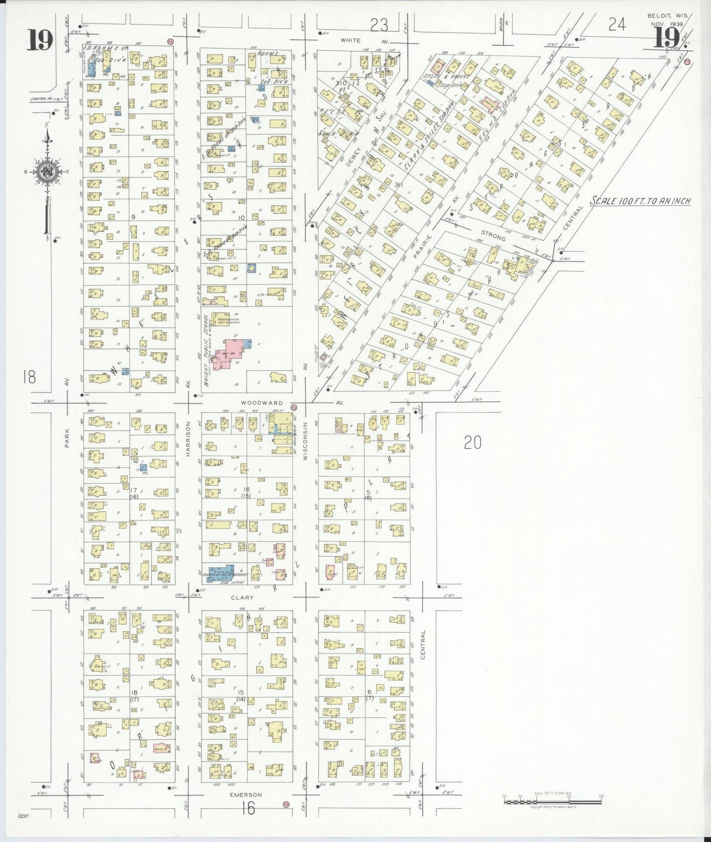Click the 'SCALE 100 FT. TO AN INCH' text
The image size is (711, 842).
coord(641,201)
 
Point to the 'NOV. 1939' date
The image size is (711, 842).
coord(667,24)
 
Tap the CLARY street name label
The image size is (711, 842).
coord(242,597)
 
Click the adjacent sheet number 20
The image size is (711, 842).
coord(472,443)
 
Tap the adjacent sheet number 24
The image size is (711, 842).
coord(617,25)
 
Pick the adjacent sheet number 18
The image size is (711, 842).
coord(29,378)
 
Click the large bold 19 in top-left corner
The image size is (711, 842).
coord(40,39)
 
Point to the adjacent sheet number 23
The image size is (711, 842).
coord(379,24)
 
